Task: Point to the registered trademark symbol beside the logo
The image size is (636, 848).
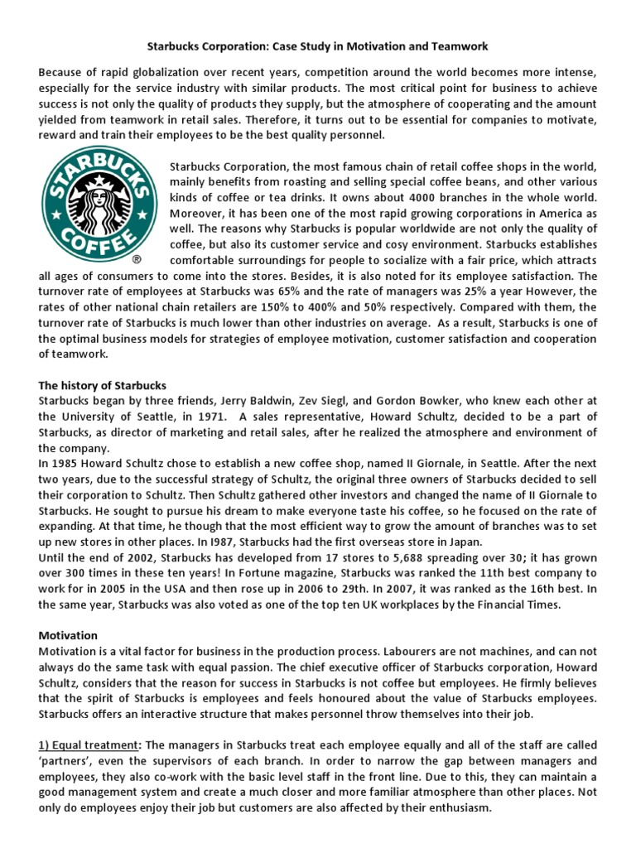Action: point(148,260)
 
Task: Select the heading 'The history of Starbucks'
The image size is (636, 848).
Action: point(103,386)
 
